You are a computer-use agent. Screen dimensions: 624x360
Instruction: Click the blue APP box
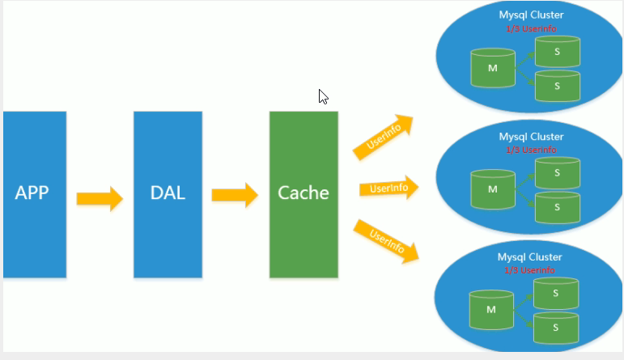point(35,194)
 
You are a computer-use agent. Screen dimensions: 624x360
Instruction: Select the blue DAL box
point(168,194)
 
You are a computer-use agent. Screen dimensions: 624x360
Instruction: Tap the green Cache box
point(304,194)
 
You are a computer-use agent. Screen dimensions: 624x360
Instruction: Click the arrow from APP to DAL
point(100,198)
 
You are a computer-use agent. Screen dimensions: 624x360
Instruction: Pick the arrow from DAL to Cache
point(235,195)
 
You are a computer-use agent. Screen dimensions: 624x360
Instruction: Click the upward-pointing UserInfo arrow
point(384,137)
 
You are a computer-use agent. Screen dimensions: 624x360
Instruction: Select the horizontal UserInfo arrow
point(388,188)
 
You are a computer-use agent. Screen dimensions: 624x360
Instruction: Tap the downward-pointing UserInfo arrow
point(386,241)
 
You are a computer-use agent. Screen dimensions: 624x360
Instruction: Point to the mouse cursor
point(323,96)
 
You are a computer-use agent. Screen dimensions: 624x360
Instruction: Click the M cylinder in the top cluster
point(493,68)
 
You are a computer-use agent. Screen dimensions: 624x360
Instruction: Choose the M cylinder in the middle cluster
point(493,189)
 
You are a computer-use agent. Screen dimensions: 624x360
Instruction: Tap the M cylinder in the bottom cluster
point(491,310)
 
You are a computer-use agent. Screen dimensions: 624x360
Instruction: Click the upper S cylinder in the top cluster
point(557,51)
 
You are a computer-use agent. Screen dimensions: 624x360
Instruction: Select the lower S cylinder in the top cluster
point(557,86)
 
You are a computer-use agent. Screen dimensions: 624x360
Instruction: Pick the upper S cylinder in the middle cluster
point(557,172)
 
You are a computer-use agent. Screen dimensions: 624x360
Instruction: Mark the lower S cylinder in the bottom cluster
point(555,328)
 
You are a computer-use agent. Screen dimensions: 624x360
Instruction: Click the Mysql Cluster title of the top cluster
point(531,15)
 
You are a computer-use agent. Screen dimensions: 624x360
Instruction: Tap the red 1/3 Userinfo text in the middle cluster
point(531,150)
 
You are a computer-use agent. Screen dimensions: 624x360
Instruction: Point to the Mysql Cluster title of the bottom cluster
point(529,257)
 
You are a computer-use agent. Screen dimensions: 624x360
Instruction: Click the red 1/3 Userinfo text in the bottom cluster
point(529,270)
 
